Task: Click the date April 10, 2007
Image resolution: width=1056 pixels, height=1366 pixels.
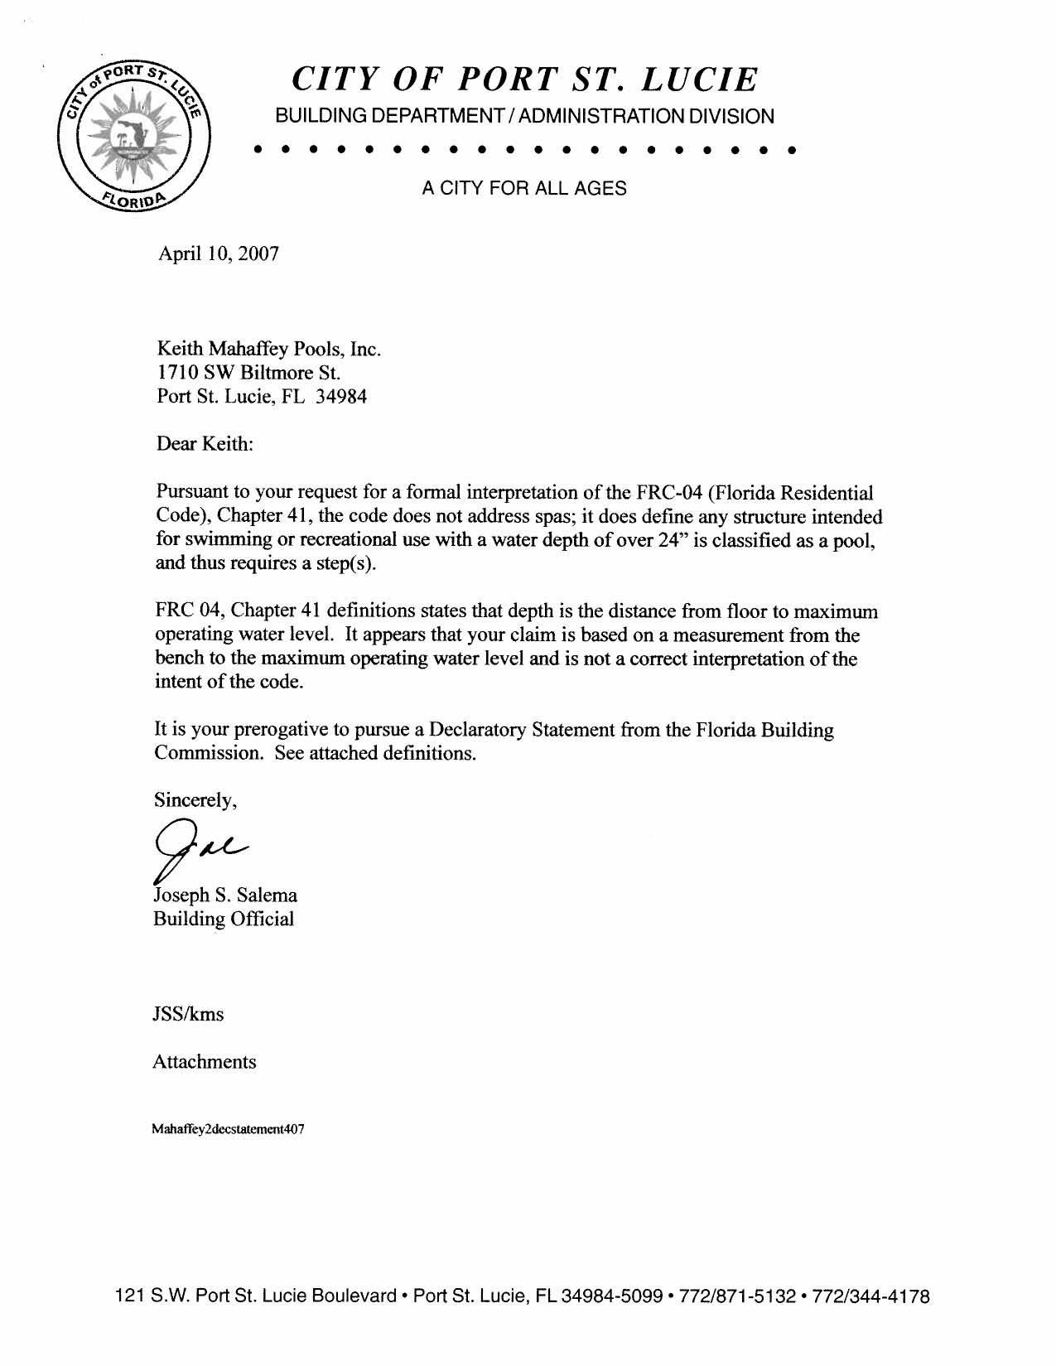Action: [218, 253]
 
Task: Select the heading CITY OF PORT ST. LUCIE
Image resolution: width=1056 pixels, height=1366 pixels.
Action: [524, 80]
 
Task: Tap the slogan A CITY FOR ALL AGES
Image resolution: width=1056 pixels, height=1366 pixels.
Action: [523, 189]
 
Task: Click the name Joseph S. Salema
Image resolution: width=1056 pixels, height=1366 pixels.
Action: [225, 895]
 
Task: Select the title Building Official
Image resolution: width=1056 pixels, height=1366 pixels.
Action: [224, 920]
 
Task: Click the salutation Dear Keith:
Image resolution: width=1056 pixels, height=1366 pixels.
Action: [204, 444]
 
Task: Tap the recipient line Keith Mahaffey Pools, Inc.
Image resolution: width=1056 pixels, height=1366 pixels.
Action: [269, 349]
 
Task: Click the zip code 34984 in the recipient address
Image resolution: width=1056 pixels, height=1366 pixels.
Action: [341, 397]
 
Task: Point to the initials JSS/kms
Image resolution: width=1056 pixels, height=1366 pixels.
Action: [188, 1015]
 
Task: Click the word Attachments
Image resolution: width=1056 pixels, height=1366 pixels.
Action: [205, 1062]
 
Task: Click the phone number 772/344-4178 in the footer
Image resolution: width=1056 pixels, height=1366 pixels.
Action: [872, 1296]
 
